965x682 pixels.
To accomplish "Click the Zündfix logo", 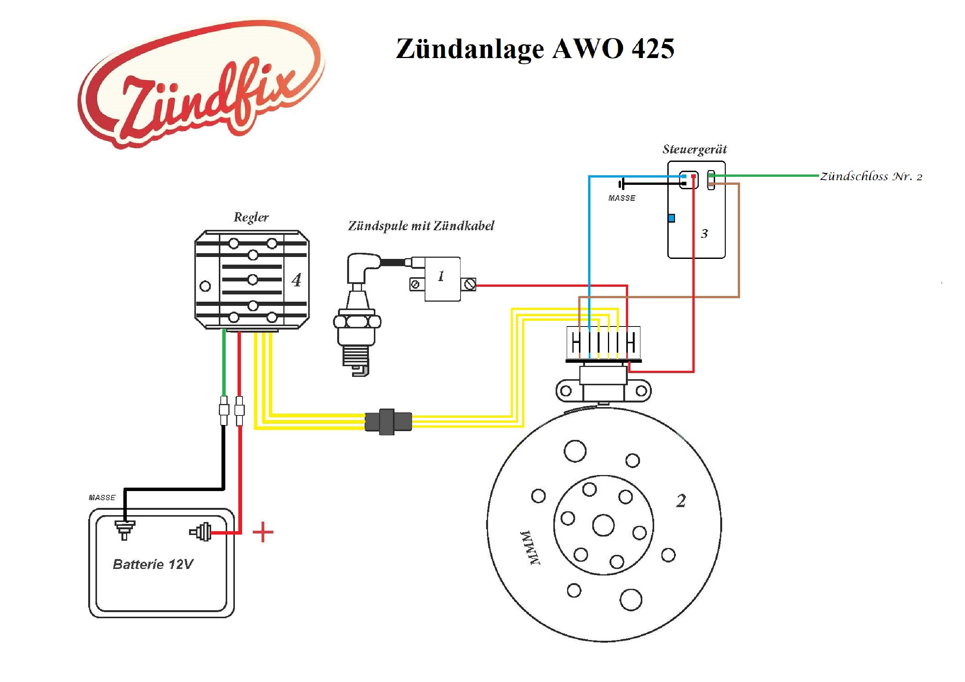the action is pos(201,84).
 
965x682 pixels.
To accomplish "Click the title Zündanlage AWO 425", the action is pos(535,49).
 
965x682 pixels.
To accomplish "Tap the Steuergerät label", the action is pos(694,150).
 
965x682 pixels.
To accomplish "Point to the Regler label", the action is pos(251,217).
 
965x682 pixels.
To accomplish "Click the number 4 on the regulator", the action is pos(296,280).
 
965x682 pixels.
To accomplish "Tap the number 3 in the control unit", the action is pos(705,234).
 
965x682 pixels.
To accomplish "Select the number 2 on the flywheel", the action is pos(681,501).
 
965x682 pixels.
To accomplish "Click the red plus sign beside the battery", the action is pos(263,532).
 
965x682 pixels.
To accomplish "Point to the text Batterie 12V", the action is pos(153,564).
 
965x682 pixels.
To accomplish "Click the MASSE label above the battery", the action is pos(102,498).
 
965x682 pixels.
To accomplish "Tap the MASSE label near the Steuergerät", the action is pos(622,198).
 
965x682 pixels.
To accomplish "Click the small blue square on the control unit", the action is pos(672,218).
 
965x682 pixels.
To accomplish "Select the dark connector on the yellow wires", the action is pos(388,422).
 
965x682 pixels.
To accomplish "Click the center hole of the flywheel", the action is pos(603,525).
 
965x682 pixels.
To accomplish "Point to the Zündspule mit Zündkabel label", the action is pos(421,226).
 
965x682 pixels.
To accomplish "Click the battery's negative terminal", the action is pos(125,528).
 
